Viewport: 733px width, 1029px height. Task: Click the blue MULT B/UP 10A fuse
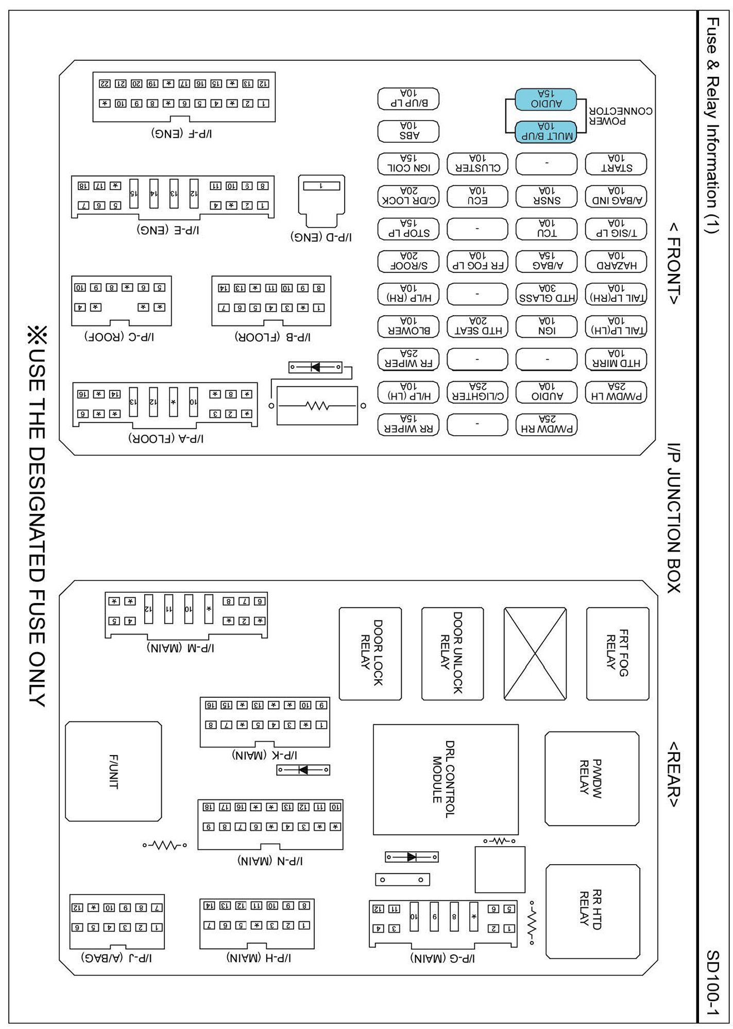pos(546,131)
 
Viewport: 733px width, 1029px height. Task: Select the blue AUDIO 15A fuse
pos(546,99)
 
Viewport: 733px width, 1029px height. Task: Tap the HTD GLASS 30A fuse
pos(547,294)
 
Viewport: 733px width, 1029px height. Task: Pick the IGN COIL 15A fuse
pos(408,164)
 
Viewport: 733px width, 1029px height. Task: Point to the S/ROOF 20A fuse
pos(408,261)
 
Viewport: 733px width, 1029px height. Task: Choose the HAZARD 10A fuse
pos(616,261)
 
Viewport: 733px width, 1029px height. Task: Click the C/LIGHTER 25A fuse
pos(477,391)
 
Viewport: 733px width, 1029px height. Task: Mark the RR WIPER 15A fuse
pos(408,424)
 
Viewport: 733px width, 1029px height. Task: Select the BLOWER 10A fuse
pos(408,326)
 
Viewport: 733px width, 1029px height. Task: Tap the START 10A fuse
pos(616,164)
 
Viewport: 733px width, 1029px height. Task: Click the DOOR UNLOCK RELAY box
pos(452,653)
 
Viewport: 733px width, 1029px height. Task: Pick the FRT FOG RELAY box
pos(617,653)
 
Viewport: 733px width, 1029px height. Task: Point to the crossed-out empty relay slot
pos(535,653)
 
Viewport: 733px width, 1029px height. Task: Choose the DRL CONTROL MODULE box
pos(445,779)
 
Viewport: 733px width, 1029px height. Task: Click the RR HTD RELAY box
pos(592,911)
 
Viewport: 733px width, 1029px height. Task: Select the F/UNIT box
pos(113,771)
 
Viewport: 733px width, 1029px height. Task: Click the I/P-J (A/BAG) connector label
pos(116,957)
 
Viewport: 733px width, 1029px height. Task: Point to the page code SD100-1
pos(712,983)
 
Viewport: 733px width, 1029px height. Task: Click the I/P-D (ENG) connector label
pos(321,237)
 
